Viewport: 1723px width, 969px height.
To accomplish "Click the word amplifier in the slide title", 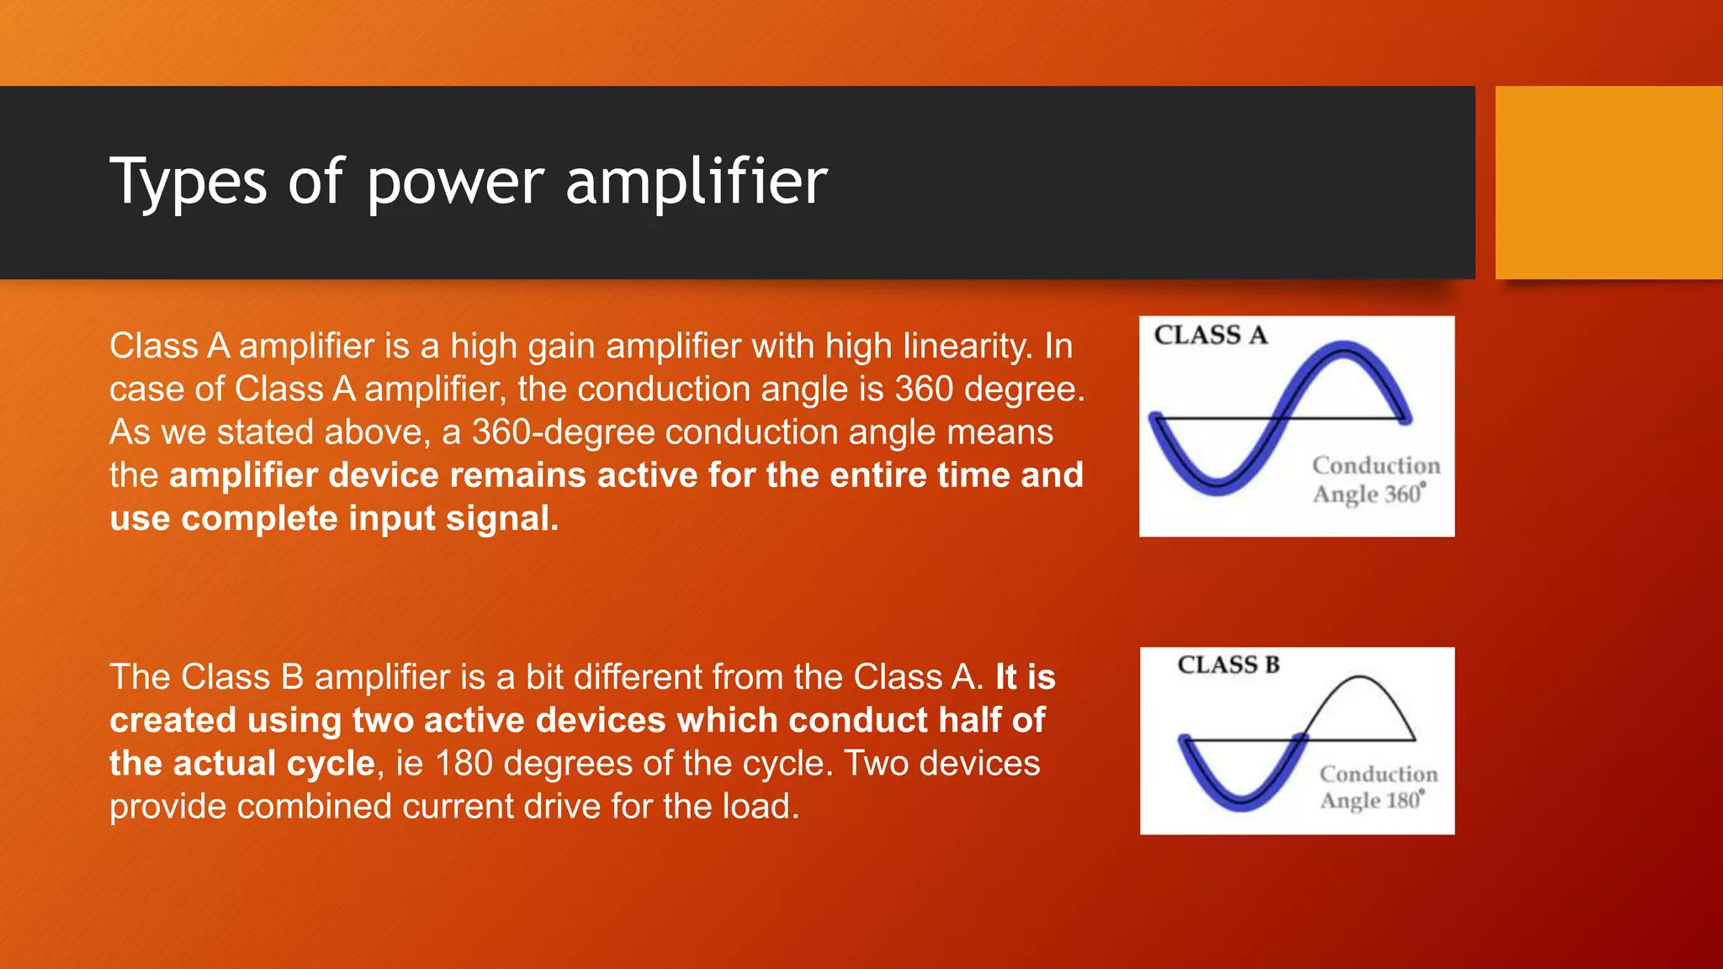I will tap(697, 183).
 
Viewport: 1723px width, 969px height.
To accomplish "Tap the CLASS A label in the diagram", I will tap(1210, 336).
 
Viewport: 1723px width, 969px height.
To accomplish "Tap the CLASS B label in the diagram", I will tap(1228, 665).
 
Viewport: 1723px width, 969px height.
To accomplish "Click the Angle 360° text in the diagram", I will tap(1369, 494).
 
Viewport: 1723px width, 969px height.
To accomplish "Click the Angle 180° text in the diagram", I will tap(1372, 800).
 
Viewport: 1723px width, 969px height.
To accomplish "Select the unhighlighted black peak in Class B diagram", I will tap(1360, 678).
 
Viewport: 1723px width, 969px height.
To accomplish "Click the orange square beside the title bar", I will tap(1609, 183).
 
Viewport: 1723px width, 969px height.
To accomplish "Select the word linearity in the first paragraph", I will tap(969, 347).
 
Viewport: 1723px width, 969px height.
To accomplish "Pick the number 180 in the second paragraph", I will tap(464, 764).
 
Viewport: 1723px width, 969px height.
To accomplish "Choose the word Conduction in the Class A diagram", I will tap(1376, 466).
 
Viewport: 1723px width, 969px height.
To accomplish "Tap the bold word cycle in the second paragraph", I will tap(331, 764).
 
